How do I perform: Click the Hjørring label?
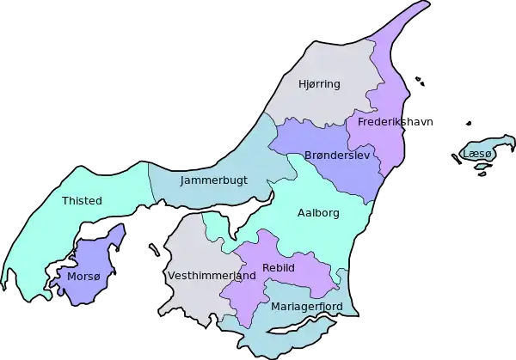pos(319,84)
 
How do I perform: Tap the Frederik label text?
pos(379,123)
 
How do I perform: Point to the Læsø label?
pos(476,154)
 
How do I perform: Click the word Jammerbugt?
pos(214,181)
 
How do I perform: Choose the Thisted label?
pos(82,201)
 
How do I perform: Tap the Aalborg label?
pos(318,212)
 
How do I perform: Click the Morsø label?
pos(83,277)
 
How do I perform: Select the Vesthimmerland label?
pos(212,277)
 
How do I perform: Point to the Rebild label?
pos(279,268)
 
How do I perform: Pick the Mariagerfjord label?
pos(306,306)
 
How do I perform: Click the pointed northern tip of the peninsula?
pos(423,6)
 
